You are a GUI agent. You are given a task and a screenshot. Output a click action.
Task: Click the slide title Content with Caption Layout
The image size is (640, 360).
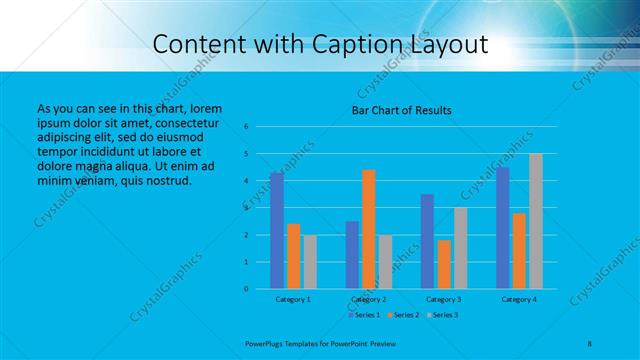320,44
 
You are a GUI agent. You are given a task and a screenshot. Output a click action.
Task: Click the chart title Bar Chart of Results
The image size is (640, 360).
401,109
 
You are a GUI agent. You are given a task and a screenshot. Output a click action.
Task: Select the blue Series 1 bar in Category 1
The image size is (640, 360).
276,230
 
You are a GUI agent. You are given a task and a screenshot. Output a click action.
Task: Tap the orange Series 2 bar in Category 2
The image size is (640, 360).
369,229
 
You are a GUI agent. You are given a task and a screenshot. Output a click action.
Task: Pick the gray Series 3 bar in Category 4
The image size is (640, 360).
536,221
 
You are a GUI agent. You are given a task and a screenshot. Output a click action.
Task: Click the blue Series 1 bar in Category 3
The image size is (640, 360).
427,241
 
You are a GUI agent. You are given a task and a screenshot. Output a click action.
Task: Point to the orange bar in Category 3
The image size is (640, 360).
444,264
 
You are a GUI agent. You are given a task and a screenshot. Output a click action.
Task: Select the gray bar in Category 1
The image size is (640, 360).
310,262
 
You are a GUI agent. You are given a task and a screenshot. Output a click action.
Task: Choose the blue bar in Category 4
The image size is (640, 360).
502,228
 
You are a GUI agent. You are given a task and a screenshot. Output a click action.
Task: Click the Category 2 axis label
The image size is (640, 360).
368,299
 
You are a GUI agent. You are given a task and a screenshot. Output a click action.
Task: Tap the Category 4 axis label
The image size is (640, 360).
518,299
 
